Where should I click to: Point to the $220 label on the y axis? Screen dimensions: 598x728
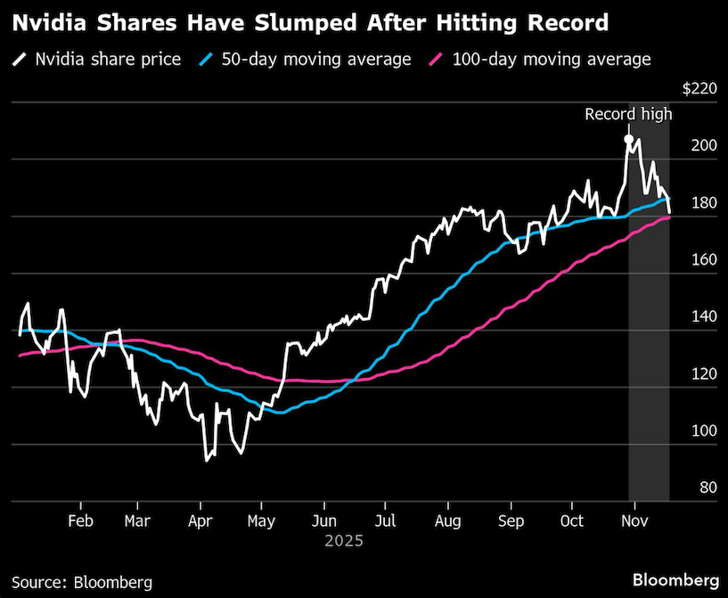coord(699,89)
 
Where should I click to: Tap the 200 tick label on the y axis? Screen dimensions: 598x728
coord(704,146)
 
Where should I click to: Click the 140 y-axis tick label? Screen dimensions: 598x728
coord(704,317)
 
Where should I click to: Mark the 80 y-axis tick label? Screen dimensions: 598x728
coord(708,487)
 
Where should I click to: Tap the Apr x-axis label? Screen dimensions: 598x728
coord(200,520)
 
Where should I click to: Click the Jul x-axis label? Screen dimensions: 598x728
coord(386,520)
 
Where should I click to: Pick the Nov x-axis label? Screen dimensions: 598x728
coord(633,520)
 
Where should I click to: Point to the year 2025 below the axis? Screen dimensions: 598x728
coord(343,540)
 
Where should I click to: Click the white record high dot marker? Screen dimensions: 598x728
coord(628,139)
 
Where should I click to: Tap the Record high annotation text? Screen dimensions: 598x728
coord(628,114)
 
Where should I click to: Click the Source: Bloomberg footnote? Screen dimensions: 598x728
coord(81,582)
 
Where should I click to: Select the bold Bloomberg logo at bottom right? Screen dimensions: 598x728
coord(675,579)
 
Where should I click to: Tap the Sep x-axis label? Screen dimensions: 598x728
coord(510,520)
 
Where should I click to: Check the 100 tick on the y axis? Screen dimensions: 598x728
coord(704,430)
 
